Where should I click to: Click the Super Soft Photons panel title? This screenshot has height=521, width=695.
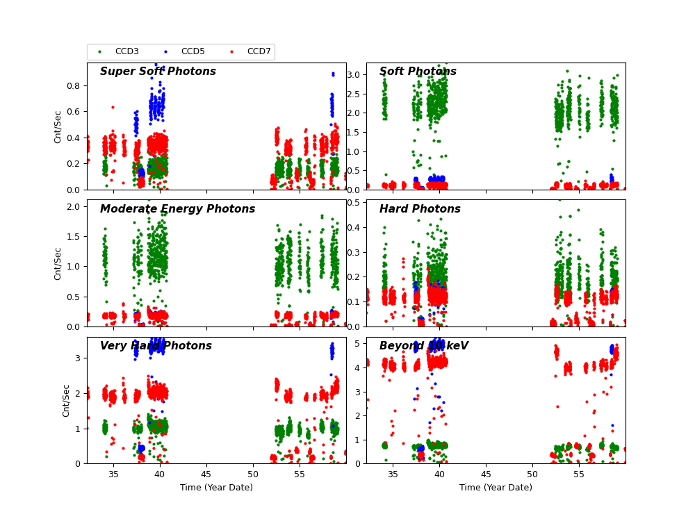158,72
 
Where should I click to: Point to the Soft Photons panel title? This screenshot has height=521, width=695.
418,72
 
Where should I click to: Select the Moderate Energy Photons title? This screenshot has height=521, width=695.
177,209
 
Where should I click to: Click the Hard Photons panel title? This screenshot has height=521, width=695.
420,209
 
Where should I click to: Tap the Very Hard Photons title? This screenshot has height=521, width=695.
156,346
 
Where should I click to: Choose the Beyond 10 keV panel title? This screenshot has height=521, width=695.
423,346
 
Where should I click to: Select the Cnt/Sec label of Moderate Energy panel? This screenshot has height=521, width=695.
58,263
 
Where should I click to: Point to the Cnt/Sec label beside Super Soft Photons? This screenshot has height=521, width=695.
58,126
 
